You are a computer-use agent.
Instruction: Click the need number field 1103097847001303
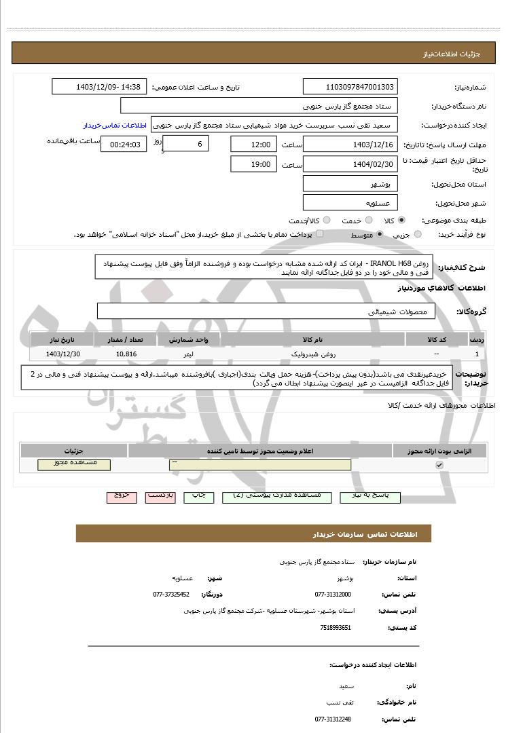click(x=350, y=87)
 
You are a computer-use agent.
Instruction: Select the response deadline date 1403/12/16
click(x=350, y=145)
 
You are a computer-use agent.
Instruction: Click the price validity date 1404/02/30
click(x=350, y=164)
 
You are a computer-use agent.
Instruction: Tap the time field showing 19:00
click(x=254, y=164)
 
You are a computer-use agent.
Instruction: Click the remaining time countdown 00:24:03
click(x=124, y=145)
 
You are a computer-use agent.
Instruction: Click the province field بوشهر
click(x=350, y=184)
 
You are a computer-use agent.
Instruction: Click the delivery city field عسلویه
click(x=350, y=203)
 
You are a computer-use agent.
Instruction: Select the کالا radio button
click(x=401, y=221)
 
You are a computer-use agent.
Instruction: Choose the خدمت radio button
click(x=368, y=221)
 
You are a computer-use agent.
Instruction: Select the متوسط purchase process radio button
click(x=379, y=234)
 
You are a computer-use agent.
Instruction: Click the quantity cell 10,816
click(x=126, y=354)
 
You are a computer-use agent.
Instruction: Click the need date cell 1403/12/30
click(x=63, y=354)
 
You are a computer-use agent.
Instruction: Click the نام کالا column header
click(x=312, y=338)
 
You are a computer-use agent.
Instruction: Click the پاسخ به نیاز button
click(x=369, y=496)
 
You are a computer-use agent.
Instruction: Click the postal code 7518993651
click(x=336, y=627)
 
